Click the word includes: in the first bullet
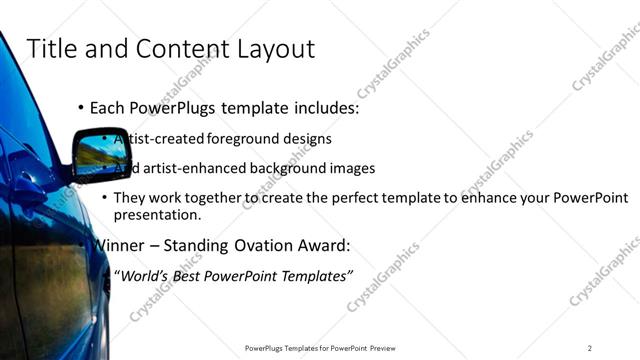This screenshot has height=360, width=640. coord(319,107)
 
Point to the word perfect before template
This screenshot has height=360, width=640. coord(355,198)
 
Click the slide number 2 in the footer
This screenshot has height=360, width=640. coord(590,348)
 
